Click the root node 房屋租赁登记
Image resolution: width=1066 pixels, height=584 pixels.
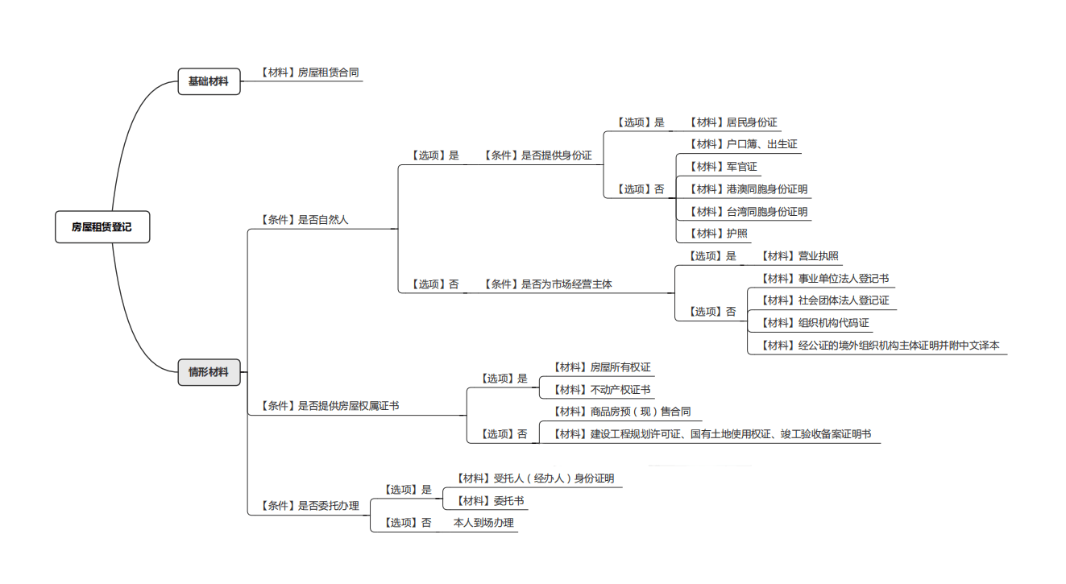pos(102,227)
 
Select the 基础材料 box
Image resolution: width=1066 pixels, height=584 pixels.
pos(209,81)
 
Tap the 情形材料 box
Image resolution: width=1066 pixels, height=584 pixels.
pos(209,372)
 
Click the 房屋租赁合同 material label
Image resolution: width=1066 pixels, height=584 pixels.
pos(309,72)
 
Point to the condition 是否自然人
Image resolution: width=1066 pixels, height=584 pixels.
pos(305,219)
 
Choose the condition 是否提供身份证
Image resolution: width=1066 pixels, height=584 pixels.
pos(537,155)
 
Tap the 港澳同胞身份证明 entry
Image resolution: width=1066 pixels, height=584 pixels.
pos(748,189)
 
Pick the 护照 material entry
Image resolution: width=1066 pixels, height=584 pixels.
pos(718,234)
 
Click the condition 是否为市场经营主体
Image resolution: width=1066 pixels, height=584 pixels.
pos(548,284)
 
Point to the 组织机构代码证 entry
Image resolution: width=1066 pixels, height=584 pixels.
pos(815,323)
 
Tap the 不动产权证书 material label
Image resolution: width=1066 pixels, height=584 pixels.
pos(601,390)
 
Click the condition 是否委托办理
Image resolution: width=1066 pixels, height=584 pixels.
pos(309,506)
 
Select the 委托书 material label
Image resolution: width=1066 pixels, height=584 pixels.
pos(490,501)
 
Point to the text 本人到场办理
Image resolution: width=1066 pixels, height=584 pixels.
pos(483,523)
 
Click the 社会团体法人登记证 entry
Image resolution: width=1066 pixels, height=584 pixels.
pos(825,300)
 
